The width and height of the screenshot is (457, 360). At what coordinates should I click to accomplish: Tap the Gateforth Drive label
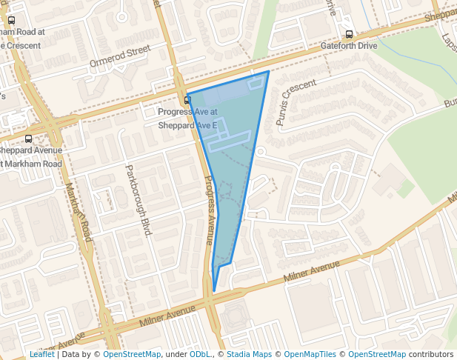coord(349,46)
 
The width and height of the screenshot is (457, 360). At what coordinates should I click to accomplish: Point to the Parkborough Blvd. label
coord(139,200)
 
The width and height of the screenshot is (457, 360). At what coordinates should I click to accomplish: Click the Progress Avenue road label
coord(210,211)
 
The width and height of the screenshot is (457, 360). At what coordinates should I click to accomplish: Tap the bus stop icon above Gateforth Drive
coord(349,34)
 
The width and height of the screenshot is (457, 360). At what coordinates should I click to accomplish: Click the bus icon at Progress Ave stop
coord(187,100)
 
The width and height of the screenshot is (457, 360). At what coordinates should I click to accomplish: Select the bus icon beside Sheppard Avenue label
coord(28,139)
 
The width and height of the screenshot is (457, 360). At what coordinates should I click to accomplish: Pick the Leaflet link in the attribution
coord(41,355)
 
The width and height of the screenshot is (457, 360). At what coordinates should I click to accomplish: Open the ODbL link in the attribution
coord(199,355)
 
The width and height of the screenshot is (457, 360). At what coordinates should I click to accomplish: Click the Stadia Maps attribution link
coord(249,355)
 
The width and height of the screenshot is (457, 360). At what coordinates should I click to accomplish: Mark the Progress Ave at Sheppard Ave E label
coord(188,119)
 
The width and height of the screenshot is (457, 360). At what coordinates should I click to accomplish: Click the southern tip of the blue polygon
coord(214,291)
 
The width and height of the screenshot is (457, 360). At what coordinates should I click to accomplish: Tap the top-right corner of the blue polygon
coord(268,72)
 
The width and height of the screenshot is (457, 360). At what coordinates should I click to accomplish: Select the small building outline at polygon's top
coord(256,83)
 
